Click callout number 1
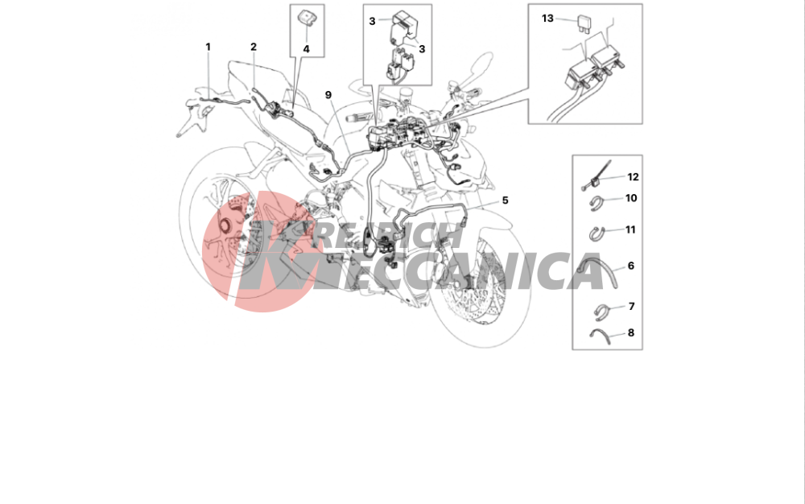click(x=208, y=47)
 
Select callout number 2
click(x=254, y=47)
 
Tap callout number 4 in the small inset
click(x=307, y=49)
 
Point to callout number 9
click(x=328, y=95)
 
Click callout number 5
click(x=506, y=200)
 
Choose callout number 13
click(x=547, y=19)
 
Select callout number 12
click(x=633, y=177)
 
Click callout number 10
click(x=631, y=198)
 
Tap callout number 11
click(x=630, y=230)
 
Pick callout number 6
click(x=631, y=266)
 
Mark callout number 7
click(x=631, y=307)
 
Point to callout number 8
click(x=631, y=333)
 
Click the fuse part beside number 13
click(x=584, y=23)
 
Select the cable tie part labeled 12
click(x=597, y=176)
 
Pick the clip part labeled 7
click(x=601, y=311)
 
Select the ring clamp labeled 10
click(x=597, y=202)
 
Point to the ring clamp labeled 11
click(x=597, y=233)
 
